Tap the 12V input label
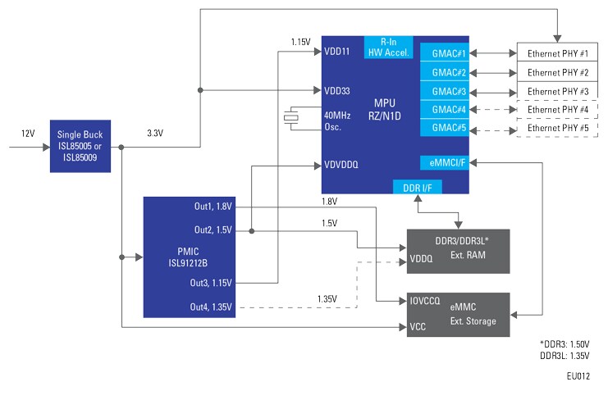pyautogui.click(x=29, y=132)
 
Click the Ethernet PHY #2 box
pyautogui.click(x=557, y=72)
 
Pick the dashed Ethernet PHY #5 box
pyautogui.click(x=557, y=128)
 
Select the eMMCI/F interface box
pyautogui.click(x=444, y=162)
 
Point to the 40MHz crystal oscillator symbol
pyautogui.click(x=290, y=117)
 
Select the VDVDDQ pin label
pyautogui.click(x=341, y=165)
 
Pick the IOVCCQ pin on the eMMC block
pyautogui.click(x=425, y=301)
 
